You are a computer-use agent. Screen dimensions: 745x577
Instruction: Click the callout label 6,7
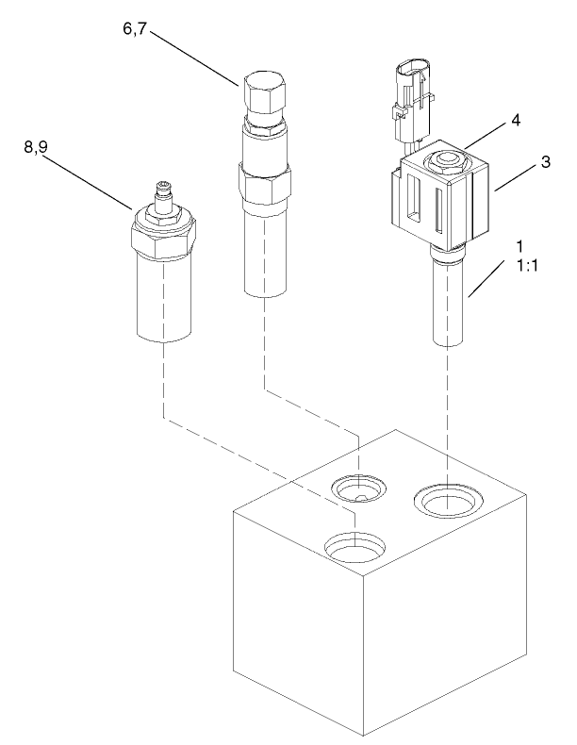pyautogui.click(x=135, y=31)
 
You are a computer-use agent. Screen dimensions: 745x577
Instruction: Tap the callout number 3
pyautogui.click(x=544, y=163)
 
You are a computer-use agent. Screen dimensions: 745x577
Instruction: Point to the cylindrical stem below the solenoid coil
pyautogui.click(x=451, y=306)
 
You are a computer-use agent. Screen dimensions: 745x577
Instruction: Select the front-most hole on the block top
pyautogui.click(x=354, y=544)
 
